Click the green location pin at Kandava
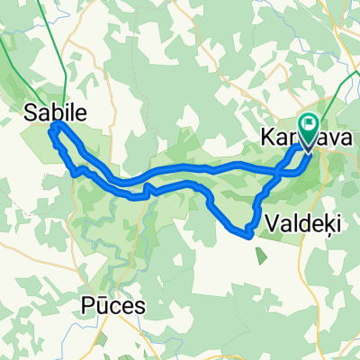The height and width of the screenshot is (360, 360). [x=309, y=130]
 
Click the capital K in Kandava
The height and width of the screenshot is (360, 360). [x=266, y=140]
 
